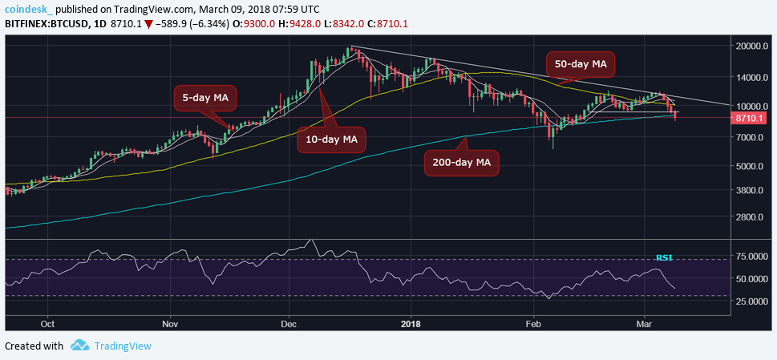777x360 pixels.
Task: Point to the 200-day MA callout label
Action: pos(462,163)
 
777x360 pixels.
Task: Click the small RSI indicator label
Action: pos(664,258)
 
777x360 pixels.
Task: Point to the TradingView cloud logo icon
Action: pos(79,346)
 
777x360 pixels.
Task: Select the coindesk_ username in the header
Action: pos(29,9)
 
